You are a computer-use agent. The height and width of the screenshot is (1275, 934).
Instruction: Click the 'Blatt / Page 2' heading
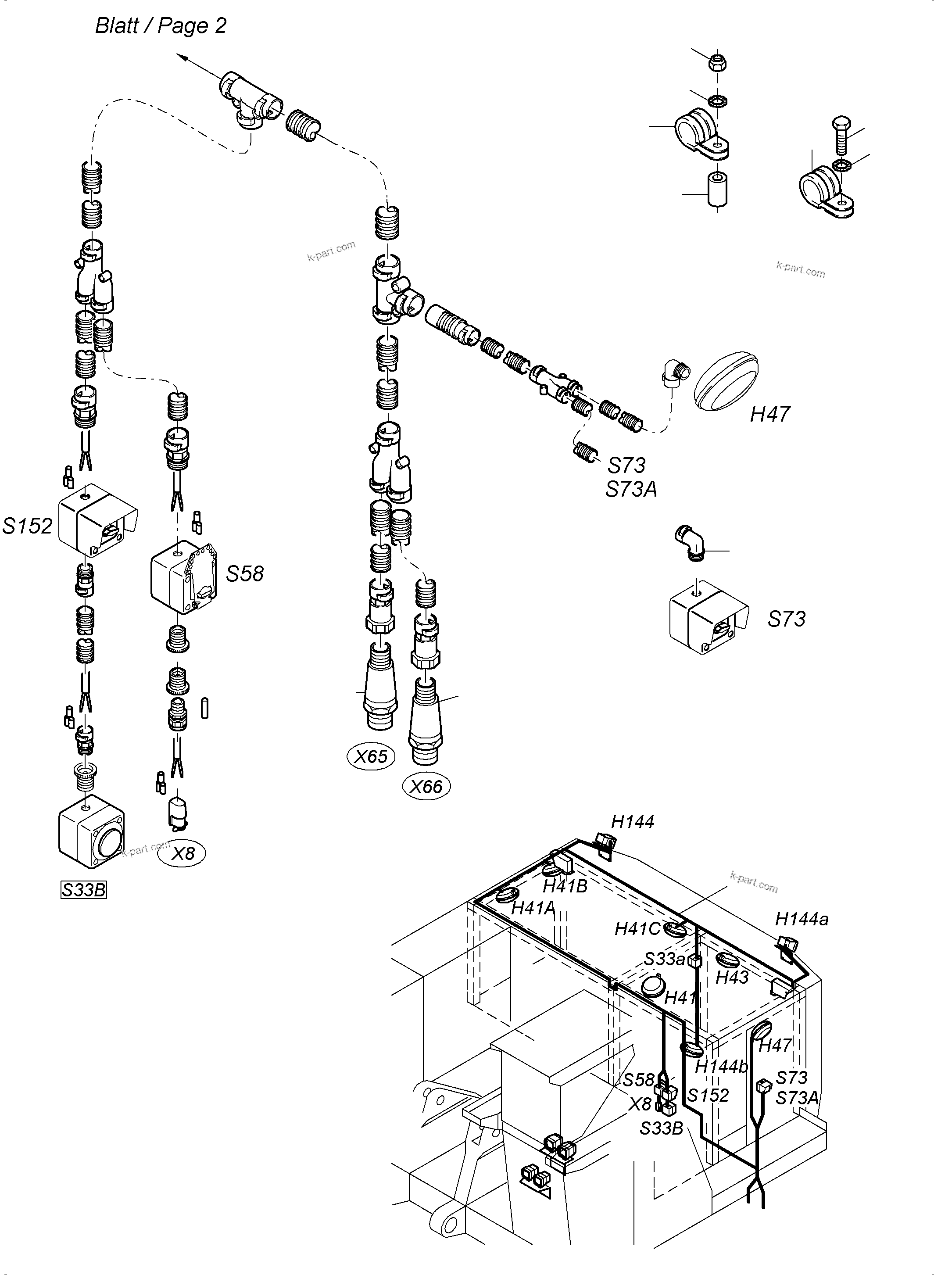161,26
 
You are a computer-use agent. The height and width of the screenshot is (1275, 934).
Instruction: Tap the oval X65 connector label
371,756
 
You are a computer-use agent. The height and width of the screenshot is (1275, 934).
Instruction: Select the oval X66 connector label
426,787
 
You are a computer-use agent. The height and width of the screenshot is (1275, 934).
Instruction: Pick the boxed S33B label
84,890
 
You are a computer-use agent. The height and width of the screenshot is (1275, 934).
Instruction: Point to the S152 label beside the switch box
27,526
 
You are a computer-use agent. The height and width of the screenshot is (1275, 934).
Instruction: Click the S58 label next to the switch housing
245,573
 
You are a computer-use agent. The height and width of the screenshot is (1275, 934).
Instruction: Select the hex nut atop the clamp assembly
717,63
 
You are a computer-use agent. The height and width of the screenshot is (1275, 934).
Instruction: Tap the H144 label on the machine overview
633,821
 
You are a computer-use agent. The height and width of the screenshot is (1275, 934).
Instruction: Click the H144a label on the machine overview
802,919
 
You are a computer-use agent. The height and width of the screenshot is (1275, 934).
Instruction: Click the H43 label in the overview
732,977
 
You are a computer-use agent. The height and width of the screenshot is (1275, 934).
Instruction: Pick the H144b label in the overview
721,1066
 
